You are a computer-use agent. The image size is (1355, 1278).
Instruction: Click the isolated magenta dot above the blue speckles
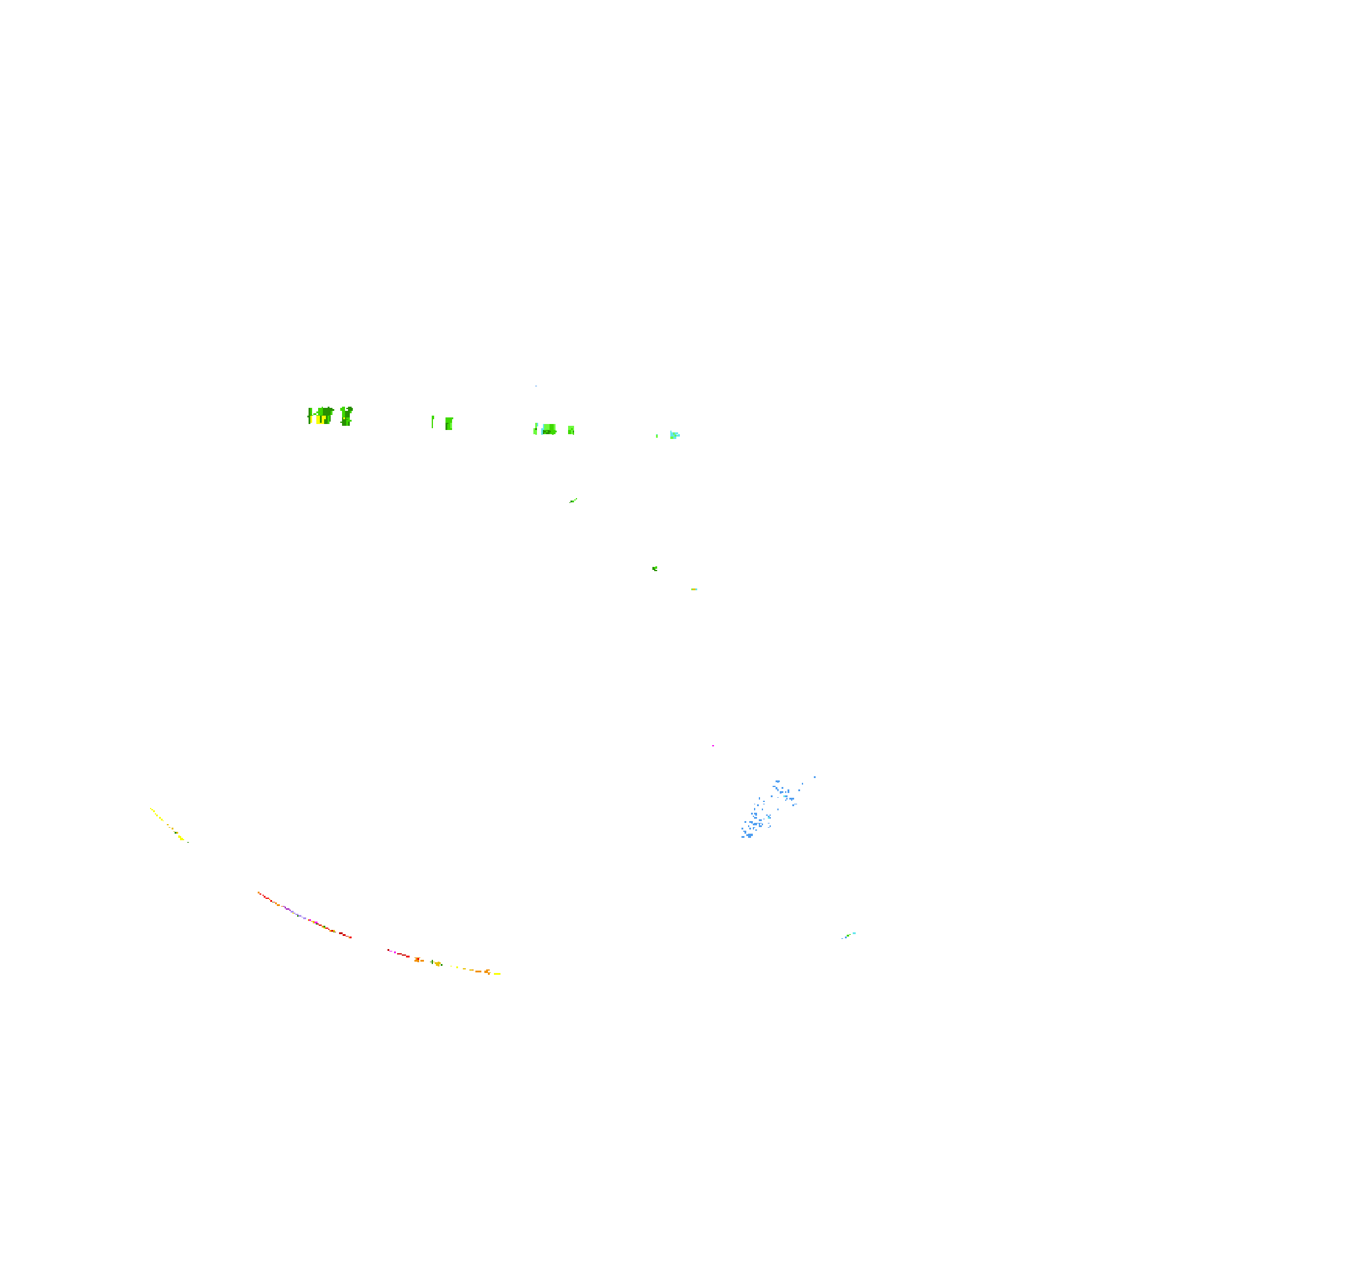pyautogui.click(x=713, y=746)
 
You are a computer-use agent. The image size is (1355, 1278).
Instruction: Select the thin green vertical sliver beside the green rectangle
pyautogui.click(x=432, y=422)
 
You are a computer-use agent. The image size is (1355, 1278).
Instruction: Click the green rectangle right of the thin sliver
pyautogui.click(x=448, y=423)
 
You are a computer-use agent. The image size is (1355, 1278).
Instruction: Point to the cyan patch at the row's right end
pyautogui.click(x=674, y=435)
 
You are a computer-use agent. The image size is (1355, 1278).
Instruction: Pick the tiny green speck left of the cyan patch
pyautogui.click(x=657, y=435)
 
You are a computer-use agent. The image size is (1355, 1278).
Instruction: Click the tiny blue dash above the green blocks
pyautogui.click(x=536, y=386)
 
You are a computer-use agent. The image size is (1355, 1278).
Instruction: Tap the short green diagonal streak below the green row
pyautogui.click(x=573, y=501)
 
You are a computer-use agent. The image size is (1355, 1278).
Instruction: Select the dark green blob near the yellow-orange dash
pyautogui.click(x=655, y=569)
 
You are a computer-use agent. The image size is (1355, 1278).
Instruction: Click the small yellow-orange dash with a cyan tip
pyautogui.click(x=694, y=589)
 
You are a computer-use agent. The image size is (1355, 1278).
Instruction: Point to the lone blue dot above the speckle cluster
pyautogui.click(x=814, y=777)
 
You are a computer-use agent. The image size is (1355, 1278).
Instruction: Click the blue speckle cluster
pyautogui.click(x=767, y=810)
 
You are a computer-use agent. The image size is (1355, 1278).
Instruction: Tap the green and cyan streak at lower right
pyautogui.click(x=849, y=935)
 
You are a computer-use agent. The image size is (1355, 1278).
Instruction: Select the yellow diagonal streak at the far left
pyautogui.click(x=167, y=825)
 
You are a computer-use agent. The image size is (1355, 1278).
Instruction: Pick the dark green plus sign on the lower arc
pyautogui.click(x=432, y=962)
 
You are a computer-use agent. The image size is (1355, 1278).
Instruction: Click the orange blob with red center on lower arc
pyautogui.click(x=417, y=960)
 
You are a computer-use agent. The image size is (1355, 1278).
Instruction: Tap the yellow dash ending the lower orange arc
pyautogui.click(x=497, y=974)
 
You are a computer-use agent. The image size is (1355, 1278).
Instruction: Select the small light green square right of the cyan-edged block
pyautogui.click(x=571, y=430)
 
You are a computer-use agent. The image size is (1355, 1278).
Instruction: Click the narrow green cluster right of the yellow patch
pyautogui.click(x=346, y=416)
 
